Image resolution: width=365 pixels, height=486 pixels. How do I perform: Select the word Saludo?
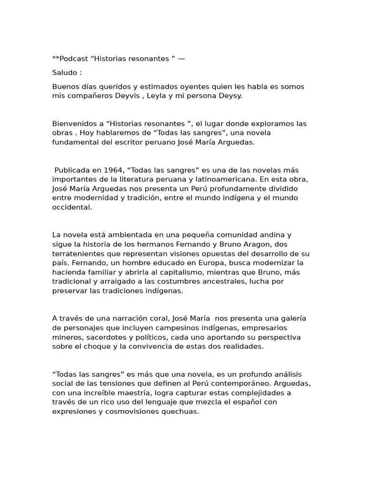[65, 73]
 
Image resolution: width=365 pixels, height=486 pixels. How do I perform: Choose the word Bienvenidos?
[74, 124]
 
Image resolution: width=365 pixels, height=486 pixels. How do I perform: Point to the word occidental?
[71, 207]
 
